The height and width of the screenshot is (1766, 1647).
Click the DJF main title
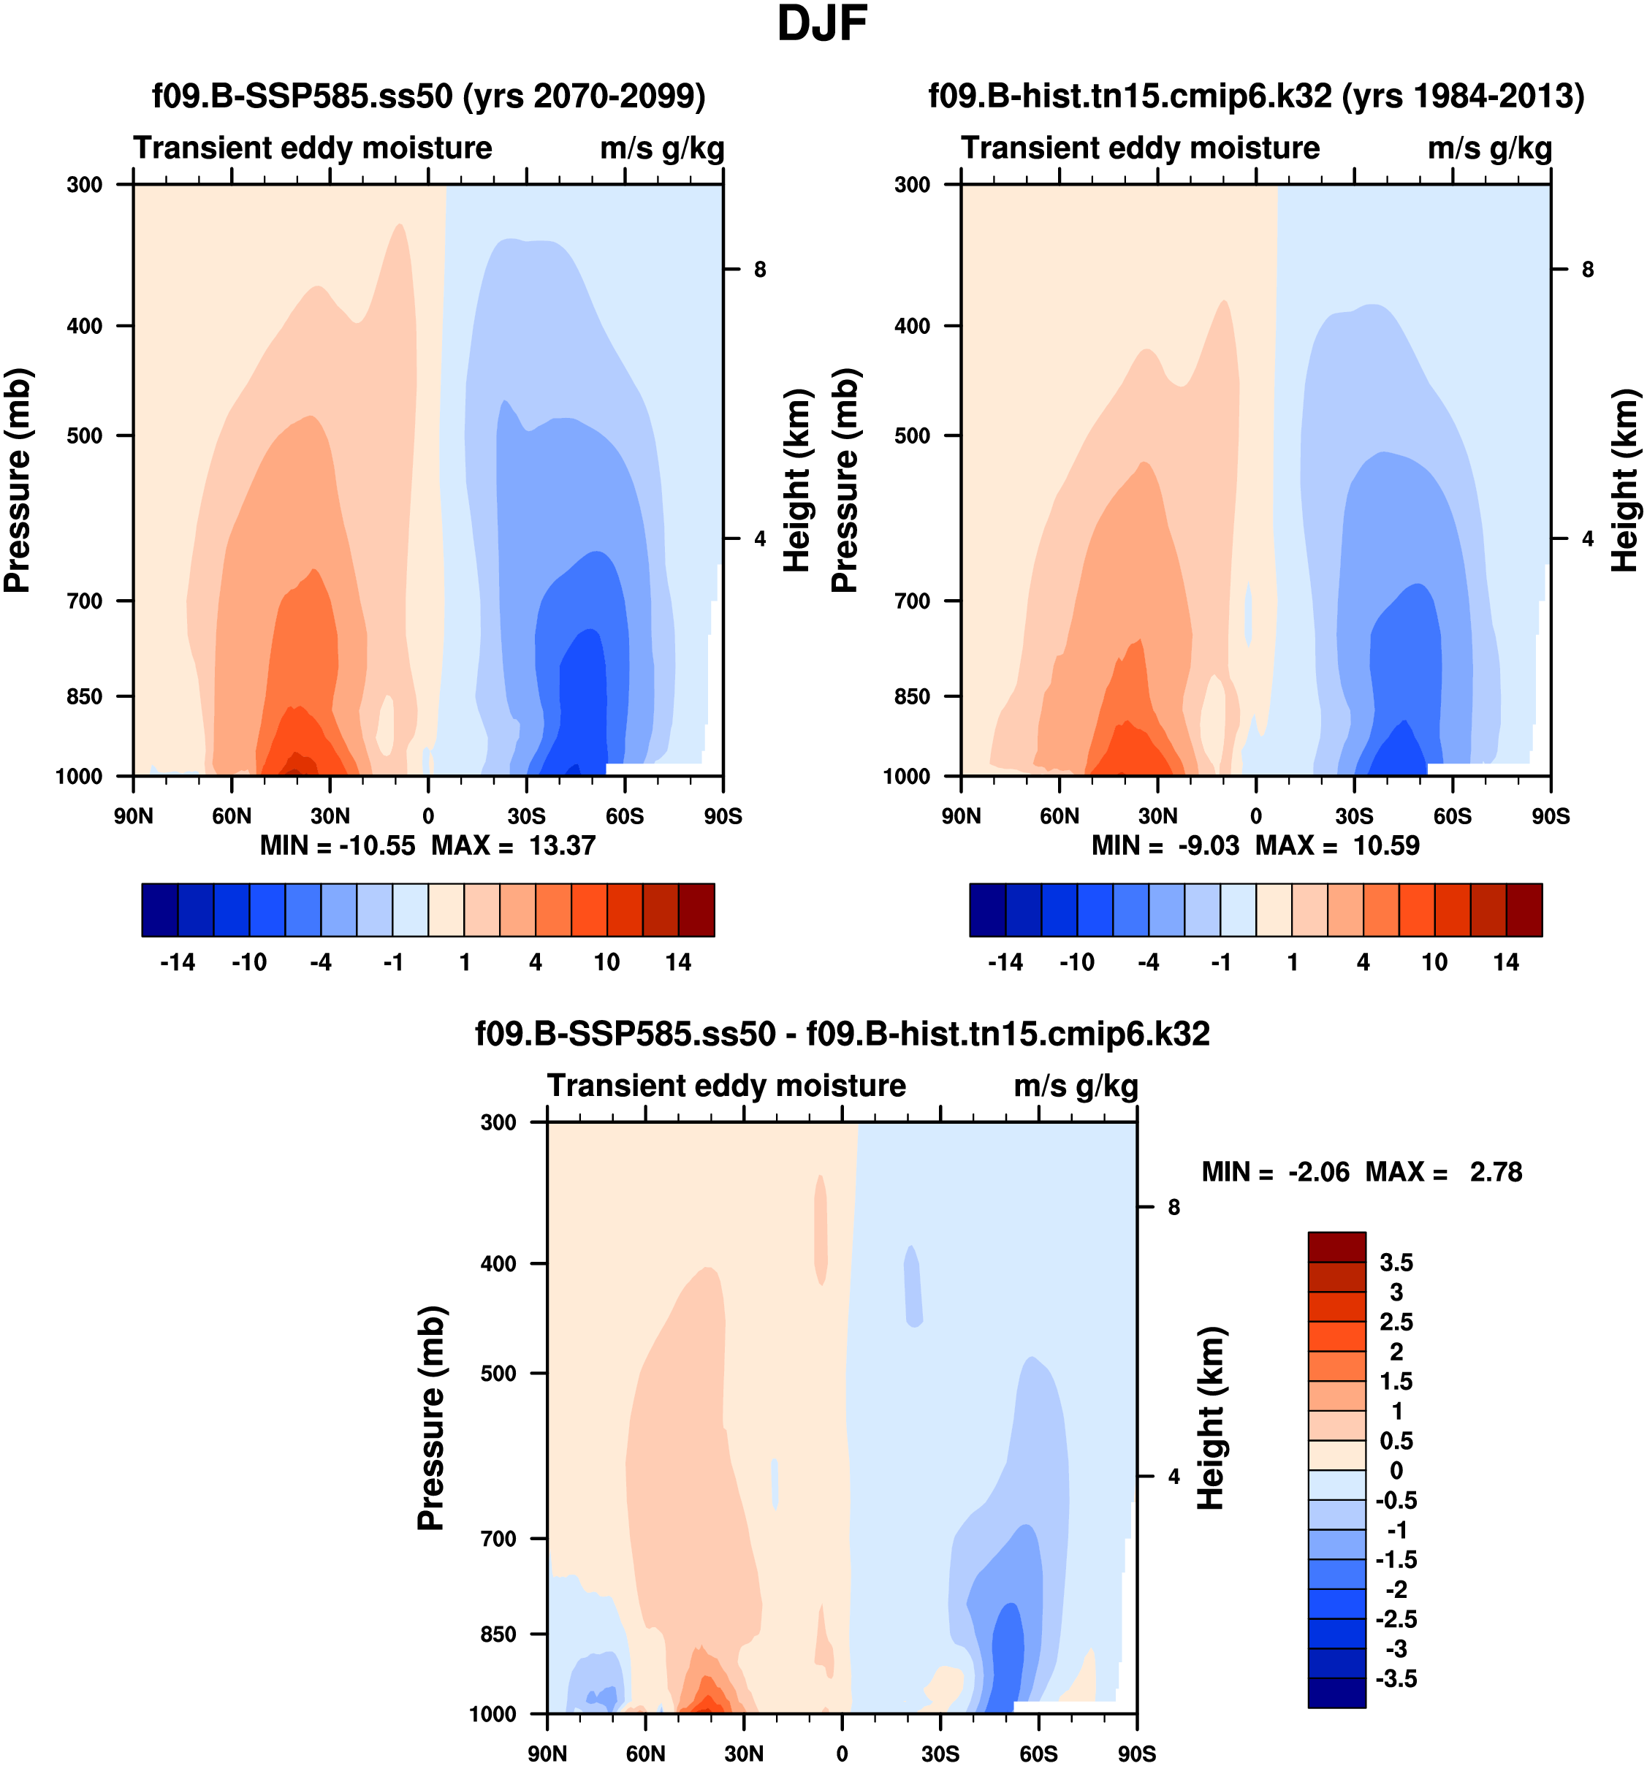pos(822,25)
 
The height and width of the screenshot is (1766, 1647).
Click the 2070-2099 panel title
pos(429,96)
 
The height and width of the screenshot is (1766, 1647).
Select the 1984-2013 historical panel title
pos(1256,96)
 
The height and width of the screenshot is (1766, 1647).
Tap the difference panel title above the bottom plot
pos(842,1034)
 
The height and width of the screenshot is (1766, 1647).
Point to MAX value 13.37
pos(561,845)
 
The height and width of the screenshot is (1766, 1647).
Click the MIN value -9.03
pos(1208,845)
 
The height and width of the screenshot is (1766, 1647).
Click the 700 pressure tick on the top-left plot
pos(85,601)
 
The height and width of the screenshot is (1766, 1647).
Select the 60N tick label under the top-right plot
pos(1059,816)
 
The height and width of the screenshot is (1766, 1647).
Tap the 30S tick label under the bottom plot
pos(940,1754)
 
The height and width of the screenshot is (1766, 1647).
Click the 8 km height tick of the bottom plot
pos(1174,1207)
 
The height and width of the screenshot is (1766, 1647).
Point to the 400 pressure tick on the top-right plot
pos(913,326)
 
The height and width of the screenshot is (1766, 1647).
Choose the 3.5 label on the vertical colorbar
pos(1396,1263)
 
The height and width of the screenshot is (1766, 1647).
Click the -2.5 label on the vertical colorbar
pos(1396,1619)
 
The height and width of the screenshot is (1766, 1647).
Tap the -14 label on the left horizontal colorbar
pos(177,963)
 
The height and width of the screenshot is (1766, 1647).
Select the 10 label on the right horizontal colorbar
pos(1434,963)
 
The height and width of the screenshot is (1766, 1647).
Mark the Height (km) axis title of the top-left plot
pos(798,481)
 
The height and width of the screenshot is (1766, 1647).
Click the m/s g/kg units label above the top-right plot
pos(1490,148)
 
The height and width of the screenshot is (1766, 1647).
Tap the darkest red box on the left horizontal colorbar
pos(696,910)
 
